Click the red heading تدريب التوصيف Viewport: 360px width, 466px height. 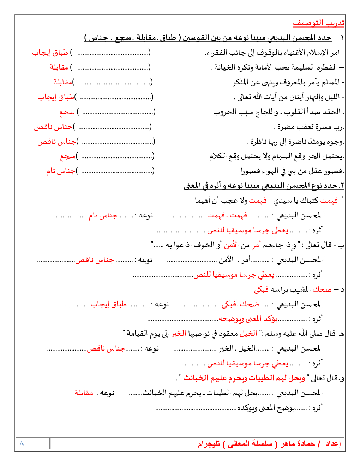tap(318, 23)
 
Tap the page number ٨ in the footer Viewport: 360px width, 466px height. tap(22, 443)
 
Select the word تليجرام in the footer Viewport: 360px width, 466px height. tap(209, 444)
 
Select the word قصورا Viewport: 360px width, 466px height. tap(250, 171)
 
